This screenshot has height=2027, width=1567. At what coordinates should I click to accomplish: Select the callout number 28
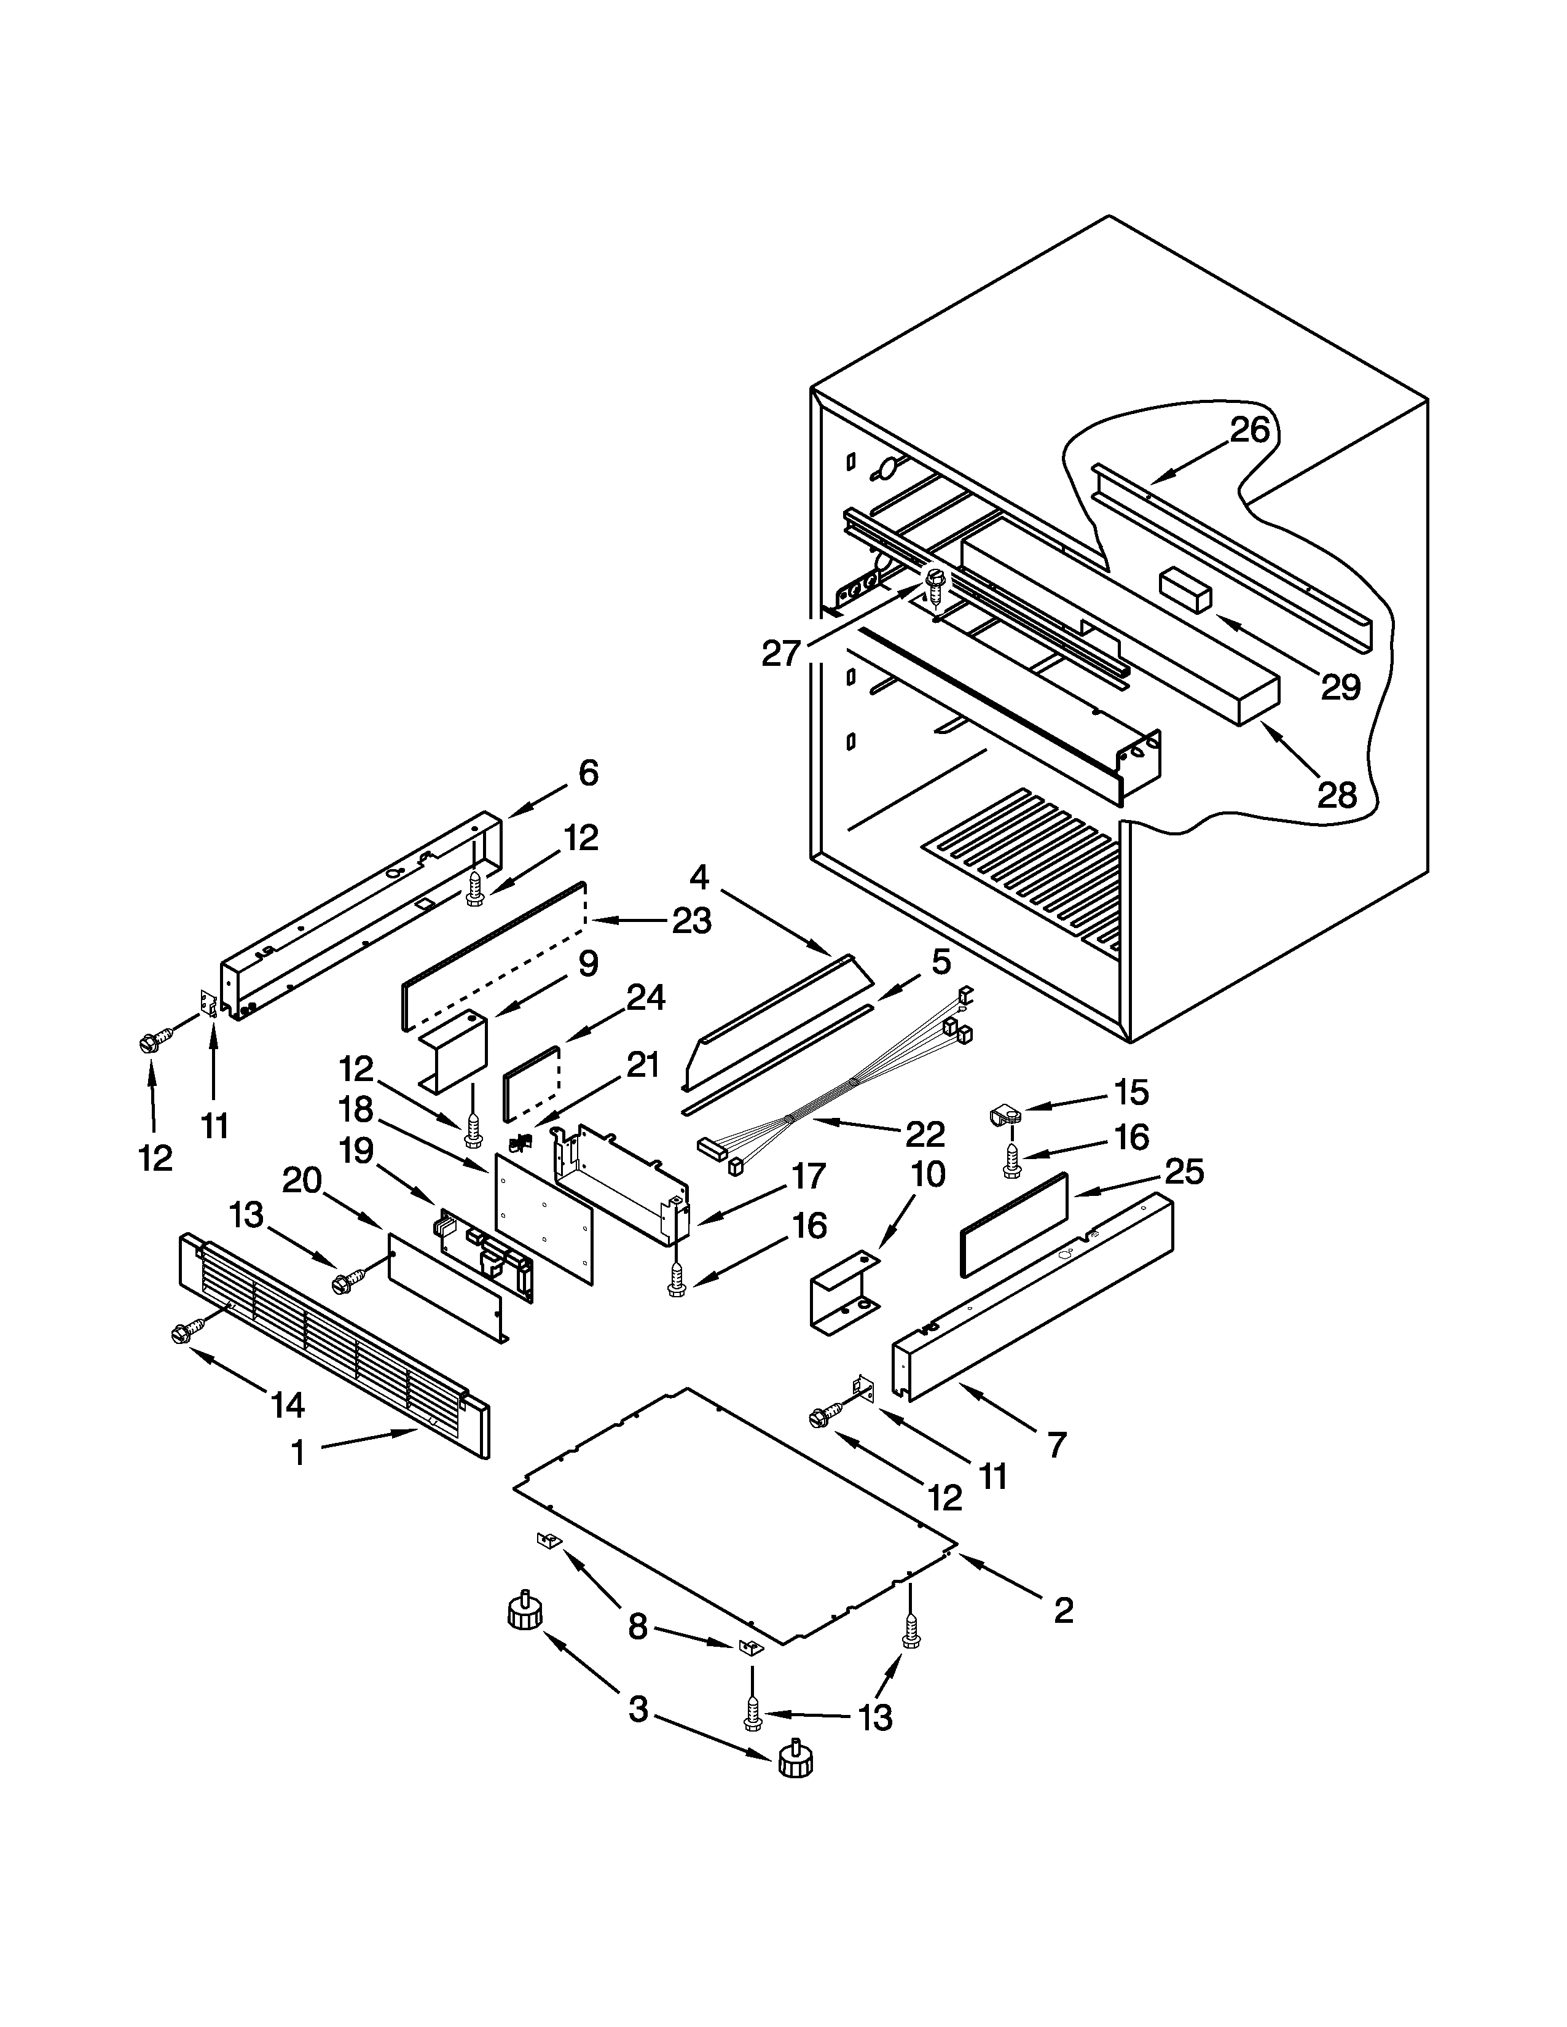(x=1337, y=794)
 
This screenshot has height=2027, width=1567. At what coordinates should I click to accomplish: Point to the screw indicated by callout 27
(x=934, y=585)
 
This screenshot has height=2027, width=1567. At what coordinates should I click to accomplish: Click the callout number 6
(x=589, y=772)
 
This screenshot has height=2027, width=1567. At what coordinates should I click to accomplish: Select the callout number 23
(x=691, y=921)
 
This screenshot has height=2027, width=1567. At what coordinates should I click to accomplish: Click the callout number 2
(x=1064, y=1611)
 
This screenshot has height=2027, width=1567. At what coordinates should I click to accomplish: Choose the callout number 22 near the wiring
(x=925, y=1134)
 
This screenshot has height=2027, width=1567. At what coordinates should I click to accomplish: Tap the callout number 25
(x=1185, y=1172)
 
